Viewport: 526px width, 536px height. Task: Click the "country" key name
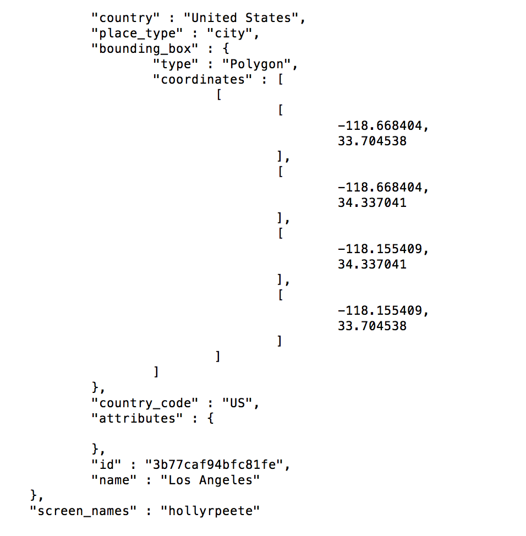click(x=122, y=18)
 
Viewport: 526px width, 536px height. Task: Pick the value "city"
click(x=229, y=33)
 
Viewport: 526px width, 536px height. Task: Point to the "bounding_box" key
click(x=140, y=48)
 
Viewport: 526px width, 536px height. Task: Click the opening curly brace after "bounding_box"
click(x=217, y=48)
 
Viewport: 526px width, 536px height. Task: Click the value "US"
click(x=238, y=403)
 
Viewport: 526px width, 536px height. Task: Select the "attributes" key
click(x=137, y=418)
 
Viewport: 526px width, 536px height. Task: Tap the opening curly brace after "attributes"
click(x=211, y=418)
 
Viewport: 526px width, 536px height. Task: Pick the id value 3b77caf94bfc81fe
click(x=214, y=464)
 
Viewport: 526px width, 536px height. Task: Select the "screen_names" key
click(x=82, y=511)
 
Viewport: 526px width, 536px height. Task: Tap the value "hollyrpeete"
click(x=210, y=511)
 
